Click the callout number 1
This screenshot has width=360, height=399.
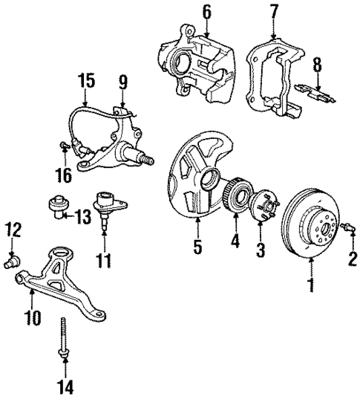(x=310, y=285)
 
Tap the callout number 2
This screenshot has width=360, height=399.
(x=353, y=260)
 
